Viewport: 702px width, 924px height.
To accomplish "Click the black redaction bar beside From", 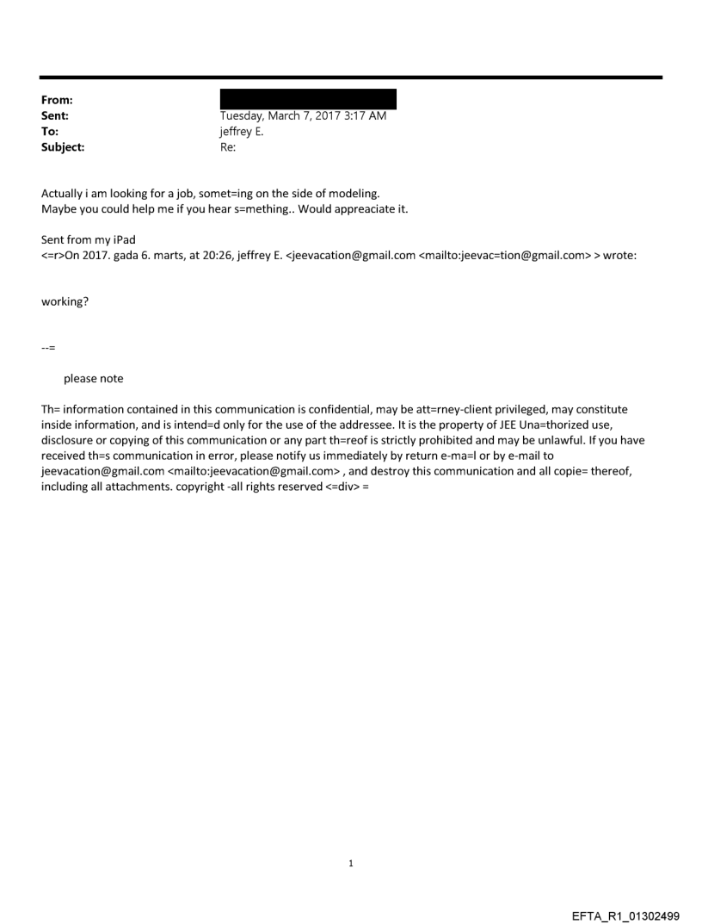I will pyautogui.click(x=308, y=98).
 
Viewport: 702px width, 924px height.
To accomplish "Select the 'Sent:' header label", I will pyautogui.click(x=55, y=115).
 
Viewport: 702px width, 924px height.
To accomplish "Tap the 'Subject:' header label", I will pyautogui.click(x=63, y=147).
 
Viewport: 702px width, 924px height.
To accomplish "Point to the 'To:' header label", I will pyautogui.click(x=51, y=132).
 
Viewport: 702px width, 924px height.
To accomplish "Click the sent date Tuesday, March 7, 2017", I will pyautogui.click(x=303, y=115).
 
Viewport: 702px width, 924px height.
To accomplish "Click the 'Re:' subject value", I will pyautogui.click(x=228, y=147).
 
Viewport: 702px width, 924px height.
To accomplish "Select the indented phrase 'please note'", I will pyautogui.click(x=93, y=379).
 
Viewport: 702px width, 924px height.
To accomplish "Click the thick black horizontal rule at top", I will pyautogui.click(x=351, y=78).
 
